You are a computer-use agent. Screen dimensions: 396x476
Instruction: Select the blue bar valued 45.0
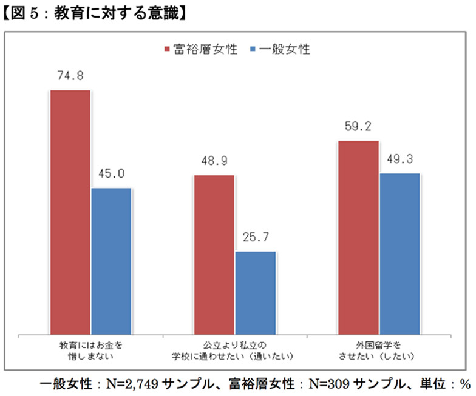[x=111, y=260]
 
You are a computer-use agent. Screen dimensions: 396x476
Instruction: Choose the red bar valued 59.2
[x=358, y=237]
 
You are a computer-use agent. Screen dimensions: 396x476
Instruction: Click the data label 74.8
[x=70, y=76]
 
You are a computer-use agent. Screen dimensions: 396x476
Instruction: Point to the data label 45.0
[x=111, y=174]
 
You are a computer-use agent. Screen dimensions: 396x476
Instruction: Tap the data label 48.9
[x=214, y=161]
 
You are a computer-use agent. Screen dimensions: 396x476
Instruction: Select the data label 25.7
[x=255, y=237]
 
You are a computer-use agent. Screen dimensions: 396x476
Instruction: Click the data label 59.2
[x=358, y=127]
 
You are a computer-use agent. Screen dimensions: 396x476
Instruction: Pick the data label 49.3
[x=399, y=159]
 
